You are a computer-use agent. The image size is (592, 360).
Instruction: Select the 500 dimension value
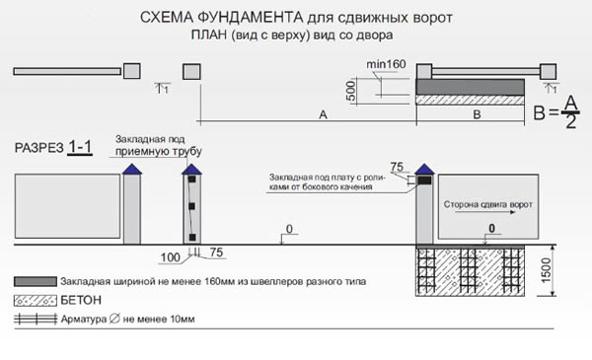point(349,90)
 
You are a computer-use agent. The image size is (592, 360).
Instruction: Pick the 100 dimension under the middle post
point(171,257)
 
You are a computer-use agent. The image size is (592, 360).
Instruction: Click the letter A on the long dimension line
point(323,115)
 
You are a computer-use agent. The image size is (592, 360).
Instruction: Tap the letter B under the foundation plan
point(478,115)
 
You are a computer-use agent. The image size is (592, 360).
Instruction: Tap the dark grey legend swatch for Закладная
point(34,281)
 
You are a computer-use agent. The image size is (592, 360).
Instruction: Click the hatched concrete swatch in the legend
point(34,300)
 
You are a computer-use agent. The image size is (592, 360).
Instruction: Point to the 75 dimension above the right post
point(398,166)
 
